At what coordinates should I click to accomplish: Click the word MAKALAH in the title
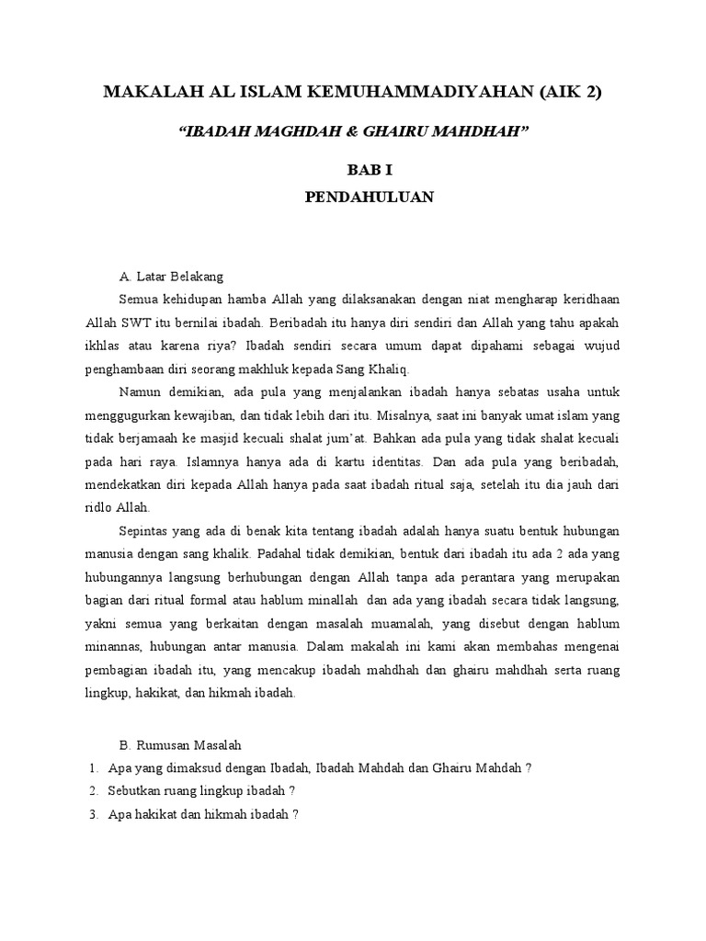(148, 92)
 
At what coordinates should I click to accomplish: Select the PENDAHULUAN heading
(352, 197)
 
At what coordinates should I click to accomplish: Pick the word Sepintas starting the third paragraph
(142, 531)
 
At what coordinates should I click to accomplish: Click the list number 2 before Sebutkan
(93, 790)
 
